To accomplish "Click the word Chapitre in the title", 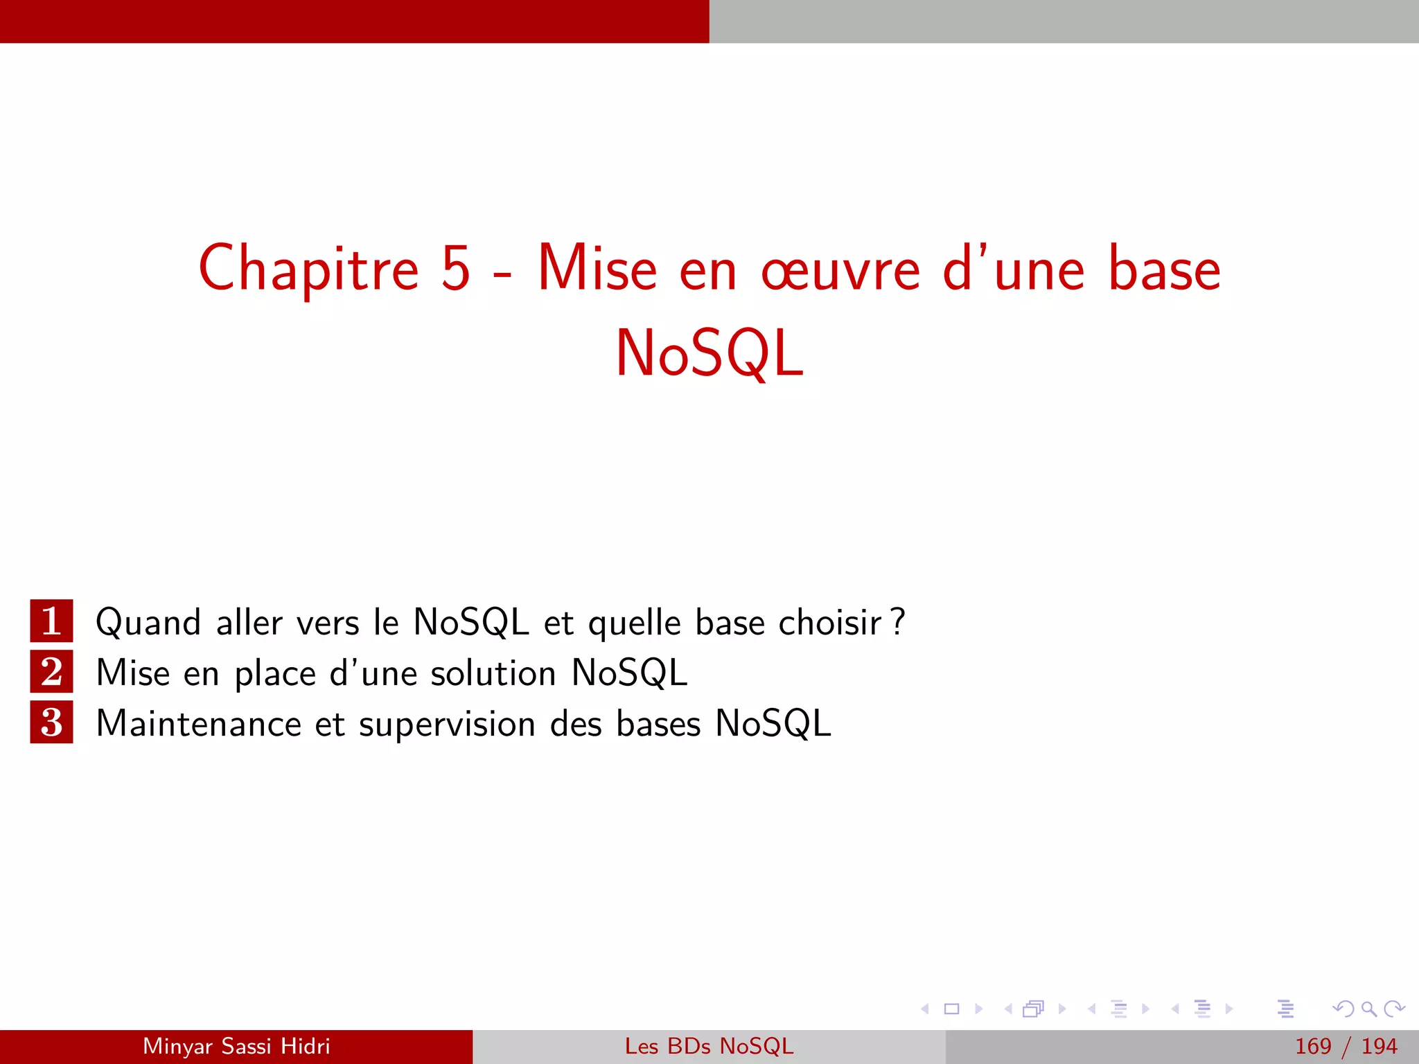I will (x=308, y=269).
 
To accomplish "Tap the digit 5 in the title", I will (x=456, y=268).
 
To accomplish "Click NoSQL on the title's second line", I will (x=709, y=353).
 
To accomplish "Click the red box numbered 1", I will (x=51, y=621).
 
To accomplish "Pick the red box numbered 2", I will (x=51, y=672).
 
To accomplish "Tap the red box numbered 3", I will (x=51, y=722).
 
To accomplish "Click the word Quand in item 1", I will (x=148, y=623).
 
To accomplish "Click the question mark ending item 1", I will (x=898, y=621).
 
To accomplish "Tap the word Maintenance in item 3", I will (x=199, y=724).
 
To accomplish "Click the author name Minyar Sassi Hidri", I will (x=236, y=1046).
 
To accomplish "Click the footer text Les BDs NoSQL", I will (x=709, y=1046).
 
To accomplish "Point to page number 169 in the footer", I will (x=1313, y=1046).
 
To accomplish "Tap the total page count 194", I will (x=1379, y=1046).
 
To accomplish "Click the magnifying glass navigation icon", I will (x=1368, y=1009).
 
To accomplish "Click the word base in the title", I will (x=1164, y=269).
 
